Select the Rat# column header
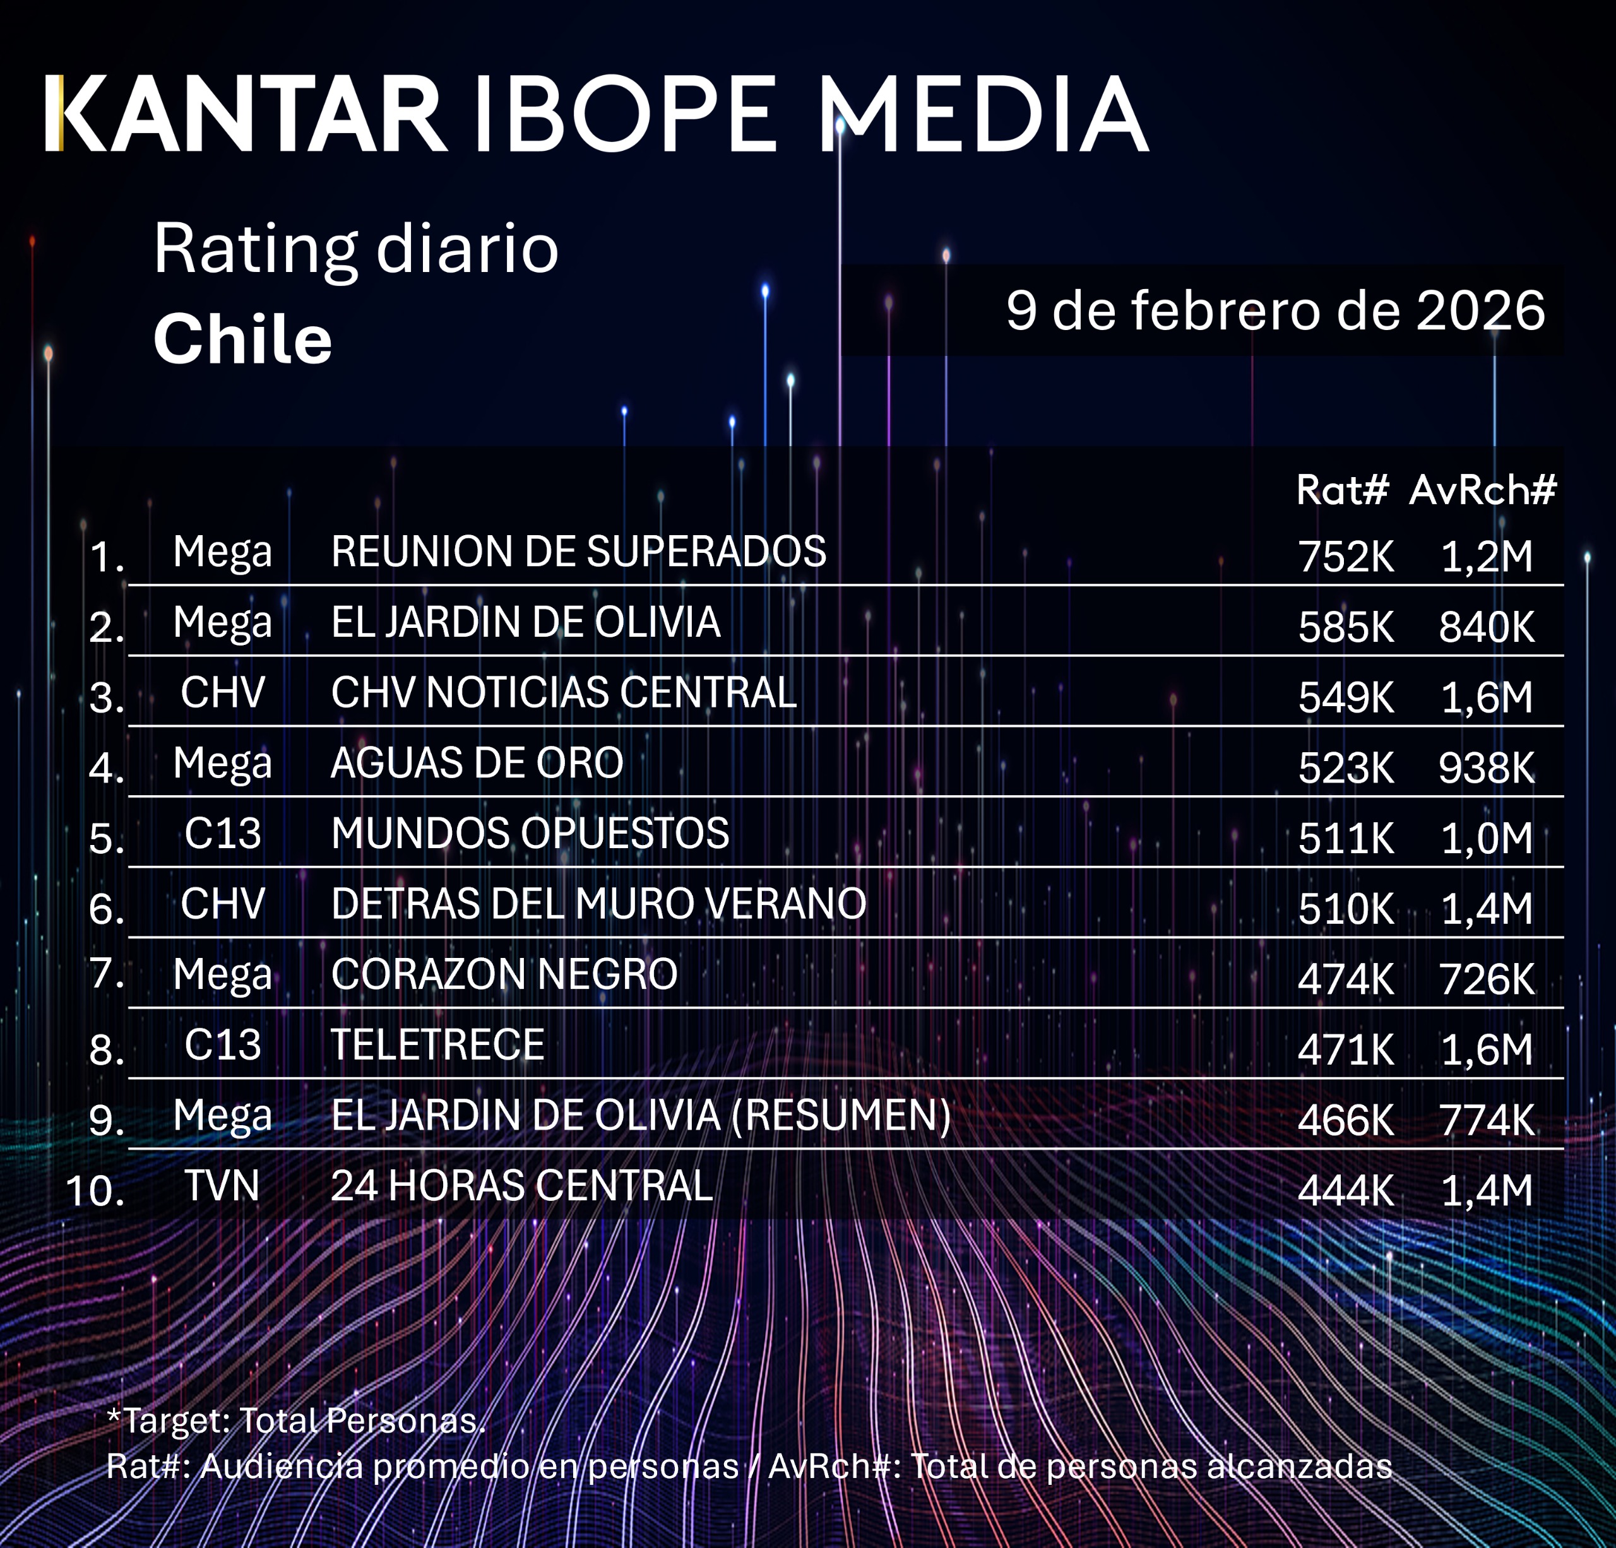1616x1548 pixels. (1342, 490)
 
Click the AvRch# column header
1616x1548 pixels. (1482, 490)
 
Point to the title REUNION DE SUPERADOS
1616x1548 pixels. (578, 552)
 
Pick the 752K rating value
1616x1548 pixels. (1346, 557)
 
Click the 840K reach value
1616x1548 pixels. (1487, 627)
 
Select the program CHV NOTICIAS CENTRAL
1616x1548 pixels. (563, 692)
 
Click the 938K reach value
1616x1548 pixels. (1487, 768)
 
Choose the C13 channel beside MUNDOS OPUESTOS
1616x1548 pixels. (223, 834)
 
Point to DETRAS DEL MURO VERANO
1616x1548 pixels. (598, 904)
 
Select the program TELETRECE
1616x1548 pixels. (437, 1045)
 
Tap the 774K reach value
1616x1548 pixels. (1487, 1120)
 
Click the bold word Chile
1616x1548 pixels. (242, 339)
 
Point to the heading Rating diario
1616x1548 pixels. (355, 248)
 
